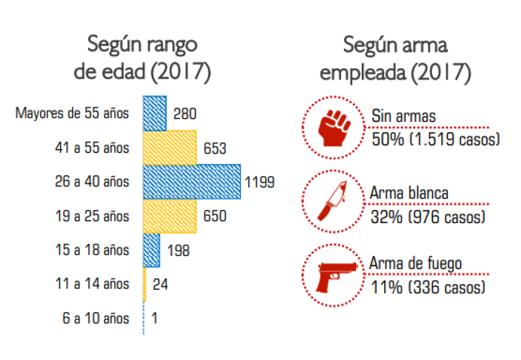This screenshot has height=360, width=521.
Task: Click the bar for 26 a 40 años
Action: [x=191, y=182]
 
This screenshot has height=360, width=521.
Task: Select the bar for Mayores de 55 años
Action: [x=155, y=113]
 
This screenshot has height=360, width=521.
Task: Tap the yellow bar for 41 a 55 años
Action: [x=170, y=148]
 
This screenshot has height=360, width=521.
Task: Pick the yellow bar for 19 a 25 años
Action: [x=170, y=216]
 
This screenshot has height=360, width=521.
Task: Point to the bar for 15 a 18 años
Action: [x=151, y=250]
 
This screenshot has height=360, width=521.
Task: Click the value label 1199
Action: [x=259, y=183]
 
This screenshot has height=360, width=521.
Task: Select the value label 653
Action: [x=214, y=148]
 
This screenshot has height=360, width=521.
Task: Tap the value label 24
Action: [x=160, y=284]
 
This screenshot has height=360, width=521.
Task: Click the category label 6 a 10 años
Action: [x=95, y=318]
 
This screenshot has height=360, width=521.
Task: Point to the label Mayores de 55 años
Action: [x=72, y=113]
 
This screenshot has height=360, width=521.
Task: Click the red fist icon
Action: [x=333, y=128]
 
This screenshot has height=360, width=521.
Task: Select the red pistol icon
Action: [x=333, y=275]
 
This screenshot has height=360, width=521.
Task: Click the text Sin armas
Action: [x=403, y=117]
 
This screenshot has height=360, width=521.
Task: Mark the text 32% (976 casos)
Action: [x=428, y=217]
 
